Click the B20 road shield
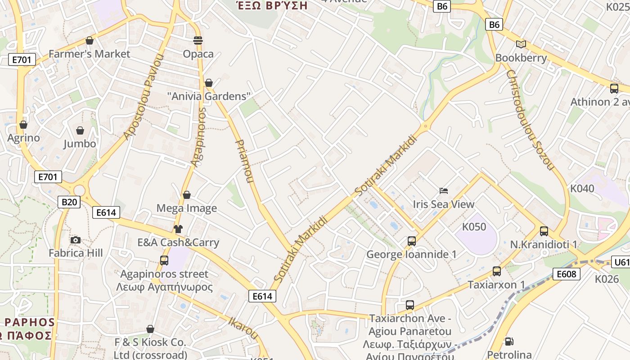coord(69,202)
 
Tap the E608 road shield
coord(566,274)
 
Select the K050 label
coord(474,226)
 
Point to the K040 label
coord(582,188)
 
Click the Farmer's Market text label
coord(89,54)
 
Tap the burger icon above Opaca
coord(198,40)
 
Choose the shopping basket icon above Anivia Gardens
coord(208,83)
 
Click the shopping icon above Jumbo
coord(80,130)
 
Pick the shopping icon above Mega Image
coord(187,195)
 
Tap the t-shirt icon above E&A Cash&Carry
coord(178,229)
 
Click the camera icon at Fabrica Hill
coord(76,240)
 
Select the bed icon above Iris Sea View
coord(444,191)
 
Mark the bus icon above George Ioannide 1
coord(411,241)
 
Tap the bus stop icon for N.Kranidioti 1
coord(544,231)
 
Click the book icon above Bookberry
coord(521,44)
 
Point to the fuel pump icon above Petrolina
coord(509,342)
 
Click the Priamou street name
coord(245,161)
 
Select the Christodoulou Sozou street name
coord(530,120)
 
